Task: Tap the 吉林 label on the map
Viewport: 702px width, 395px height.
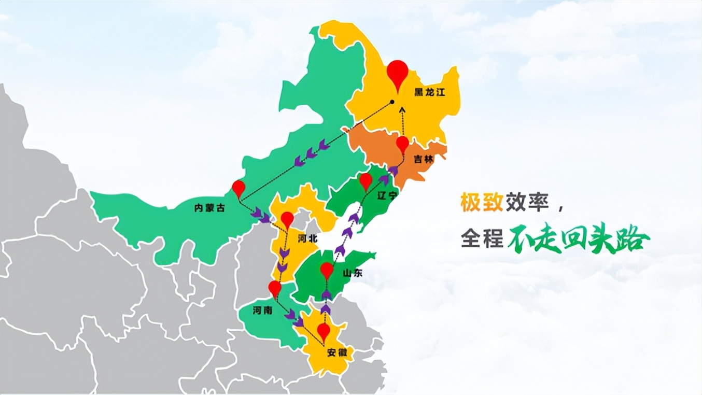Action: pos(424,160)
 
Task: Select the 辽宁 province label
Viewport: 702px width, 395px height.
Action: pos(388,196)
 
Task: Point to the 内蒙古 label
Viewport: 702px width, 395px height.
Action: pos(209,208)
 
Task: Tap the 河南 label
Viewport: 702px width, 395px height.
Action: pos(262,311)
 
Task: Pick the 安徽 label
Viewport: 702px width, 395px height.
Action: pos(340,353)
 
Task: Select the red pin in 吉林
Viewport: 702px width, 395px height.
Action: pos(403,144)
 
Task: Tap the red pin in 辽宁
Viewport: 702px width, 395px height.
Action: pos(366,180)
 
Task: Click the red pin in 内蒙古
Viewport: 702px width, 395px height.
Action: pos(238,188)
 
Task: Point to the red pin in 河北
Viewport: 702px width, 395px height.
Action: pos(287,219)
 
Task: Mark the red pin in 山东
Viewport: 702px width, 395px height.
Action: pos(327,270)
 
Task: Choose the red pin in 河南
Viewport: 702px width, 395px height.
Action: pos(275,288)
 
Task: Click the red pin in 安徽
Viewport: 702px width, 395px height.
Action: pos(324,330)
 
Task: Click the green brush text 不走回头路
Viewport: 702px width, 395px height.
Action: pos(578,239)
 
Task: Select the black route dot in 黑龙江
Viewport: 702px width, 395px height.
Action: pos(392,102)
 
